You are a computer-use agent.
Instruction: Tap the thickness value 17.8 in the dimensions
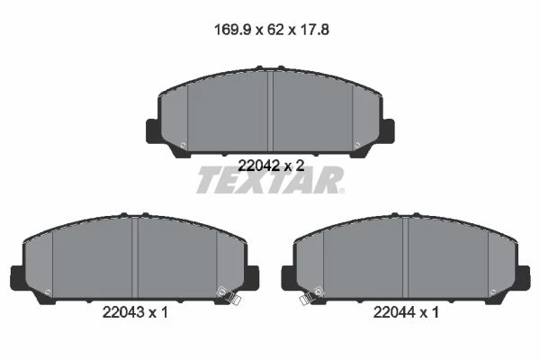[315, 30]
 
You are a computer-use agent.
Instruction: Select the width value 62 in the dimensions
[275, 30]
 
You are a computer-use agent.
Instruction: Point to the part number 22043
[123, 312]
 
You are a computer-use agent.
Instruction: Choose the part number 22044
[394, 312]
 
